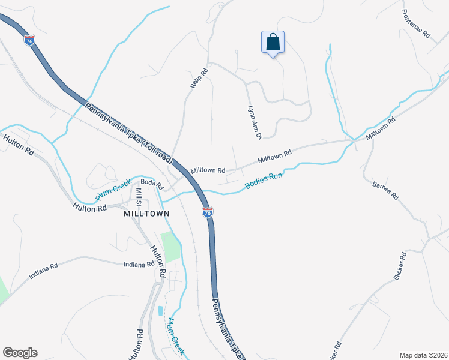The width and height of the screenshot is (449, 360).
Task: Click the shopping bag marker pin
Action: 273,43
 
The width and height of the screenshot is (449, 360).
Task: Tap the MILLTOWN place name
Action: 146,214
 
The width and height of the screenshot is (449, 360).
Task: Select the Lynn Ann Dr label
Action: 255,122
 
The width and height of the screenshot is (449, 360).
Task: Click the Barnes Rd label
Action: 385,190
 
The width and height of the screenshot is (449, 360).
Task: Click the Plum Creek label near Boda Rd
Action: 113,190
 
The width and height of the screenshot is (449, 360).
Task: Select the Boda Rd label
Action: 152,182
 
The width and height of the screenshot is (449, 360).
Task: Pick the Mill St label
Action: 139,196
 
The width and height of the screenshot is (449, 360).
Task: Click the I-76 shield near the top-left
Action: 29,40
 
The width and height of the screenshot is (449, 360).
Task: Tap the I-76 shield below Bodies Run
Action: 207,213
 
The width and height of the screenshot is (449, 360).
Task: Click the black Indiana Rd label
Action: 139,265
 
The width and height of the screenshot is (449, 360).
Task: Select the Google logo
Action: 20,353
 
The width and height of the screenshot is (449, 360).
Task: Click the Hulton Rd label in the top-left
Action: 19,146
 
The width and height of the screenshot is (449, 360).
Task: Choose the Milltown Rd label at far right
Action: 381,128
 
